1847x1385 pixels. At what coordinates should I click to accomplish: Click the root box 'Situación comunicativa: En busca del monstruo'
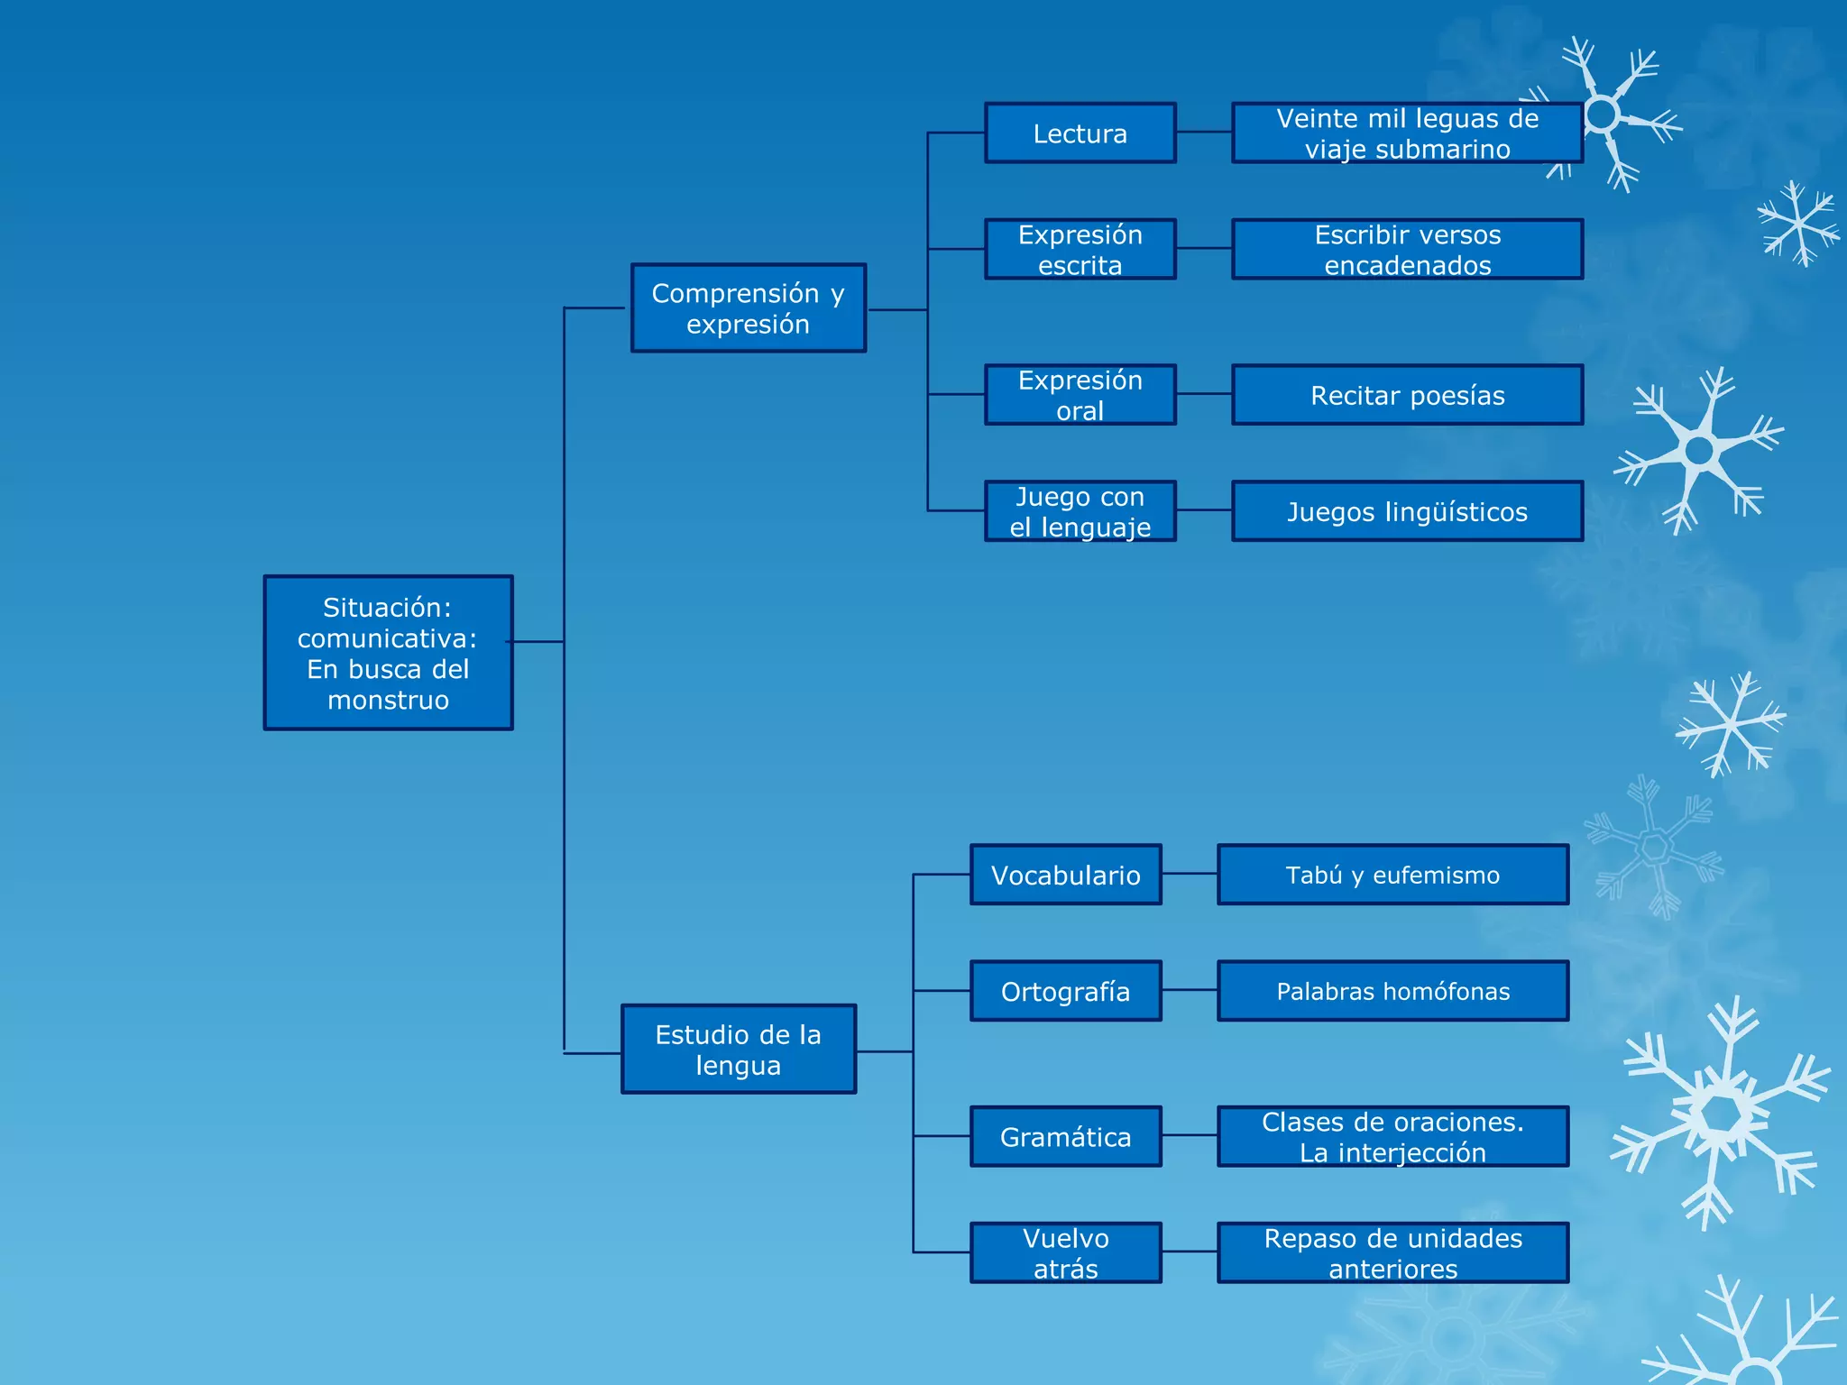(388, 653)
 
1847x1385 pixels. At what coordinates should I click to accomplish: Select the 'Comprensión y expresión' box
(748, 308)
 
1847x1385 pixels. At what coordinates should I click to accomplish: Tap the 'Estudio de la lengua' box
(738, 1050)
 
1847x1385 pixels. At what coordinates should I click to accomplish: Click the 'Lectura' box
(1080, 133)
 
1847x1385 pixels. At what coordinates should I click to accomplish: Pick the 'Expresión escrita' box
(1080, 250)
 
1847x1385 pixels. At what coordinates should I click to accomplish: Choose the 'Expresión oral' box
(1080, 395)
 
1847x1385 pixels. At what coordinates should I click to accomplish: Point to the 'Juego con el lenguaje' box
(1080, 511)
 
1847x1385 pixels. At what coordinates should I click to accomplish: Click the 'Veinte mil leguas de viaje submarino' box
(1407, 133)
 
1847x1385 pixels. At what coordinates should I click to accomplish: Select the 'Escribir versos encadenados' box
(1407, 250)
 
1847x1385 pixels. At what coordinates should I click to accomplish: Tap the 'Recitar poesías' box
(1407, 395)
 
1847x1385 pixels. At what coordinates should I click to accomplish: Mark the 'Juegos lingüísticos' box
(1407, 511)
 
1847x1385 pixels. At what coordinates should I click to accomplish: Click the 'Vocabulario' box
(1065, 875)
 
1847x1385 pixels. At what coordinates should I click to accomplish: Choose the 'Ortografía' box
(1065, 991)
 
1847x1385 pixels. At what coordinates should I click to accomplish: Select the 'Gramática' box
(1065, 1137)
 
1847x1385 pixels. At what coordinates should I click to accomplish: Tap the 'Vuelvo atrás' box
(1065, 1253)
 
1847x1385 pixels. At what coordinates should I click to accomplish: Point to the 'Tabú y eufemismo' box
(1392, 875)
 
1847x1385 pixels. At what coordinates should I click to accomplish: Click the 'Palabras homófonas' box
(1392, 991)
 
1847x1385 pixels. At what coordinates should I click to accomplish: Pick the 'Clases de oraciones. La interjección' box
(1392, 1137)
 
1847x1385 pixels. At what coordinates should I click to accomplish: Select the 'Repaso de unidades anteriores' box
(1392, 1253)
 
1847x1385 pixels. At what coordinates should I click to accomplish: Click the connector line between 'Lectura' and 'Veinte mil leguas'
(1204, 132)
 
